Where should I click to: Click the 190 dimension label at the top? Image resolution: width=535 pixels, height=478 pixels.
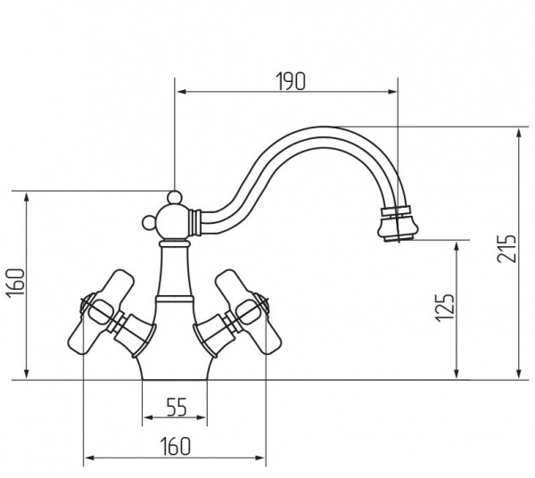(291, 82)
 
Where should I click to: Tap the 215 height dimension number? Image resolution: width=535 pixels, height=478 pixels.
(506, 248)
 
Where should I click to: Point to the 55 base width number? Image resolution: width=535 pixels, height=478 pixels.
(177, 408)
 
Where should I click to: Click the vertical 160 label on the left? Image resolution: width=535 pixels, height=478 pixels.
(16, 284)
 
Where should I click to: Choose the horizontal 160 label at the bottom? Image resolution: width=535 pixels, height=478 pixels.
(175, 446)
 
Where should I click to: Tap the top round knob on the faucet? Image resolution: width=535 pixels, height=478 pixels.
(174, 197)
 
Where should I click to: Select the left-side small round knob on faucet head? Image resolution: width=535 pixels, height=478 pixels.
(149, 223)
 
